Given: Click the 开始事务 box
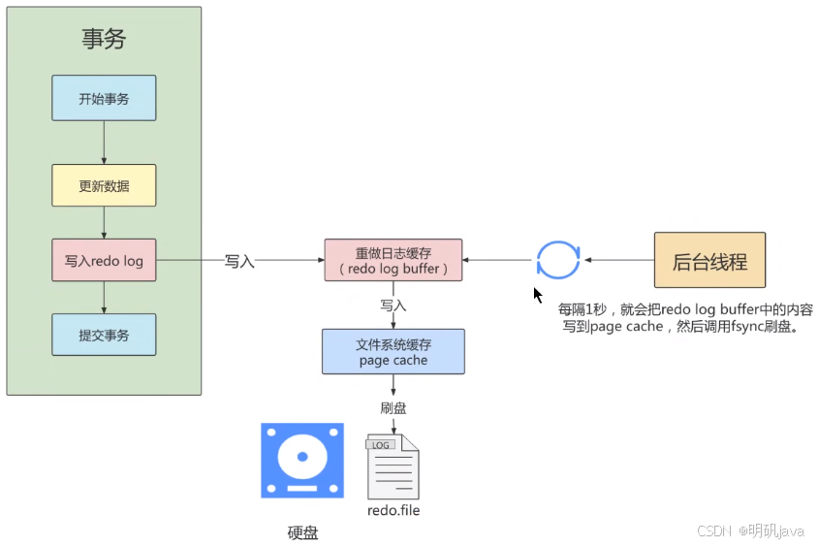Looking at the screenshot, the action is pyautogui.click(x=104, y=98).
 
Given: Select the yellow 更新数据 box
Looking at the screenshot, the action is pyautogui.click(x=104, y=185).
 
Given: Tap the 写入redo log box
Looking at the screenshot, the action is pyautogui.click(x=104, y=260).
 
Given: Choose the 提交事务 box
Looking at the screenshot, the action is pyautogui.click(x=104, y=335).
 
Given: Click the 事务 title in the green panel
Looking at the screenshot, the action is pyautogui.click(x=104, y=39).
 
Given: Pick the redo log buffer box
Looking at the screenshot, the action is pyautogui.click(x=393, y=260).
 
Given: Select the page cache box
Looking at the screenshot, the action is pyautogui.click(x=393, y=351).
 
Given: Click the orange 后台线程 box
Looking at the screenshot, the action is pyautogui.click(x=710, y=260).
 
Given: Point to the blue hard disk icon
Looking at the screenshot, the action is pyautogui.click(x=302, y=461).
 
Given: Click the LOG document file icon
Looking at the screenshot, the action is pyautogui.click(x=393, y=466).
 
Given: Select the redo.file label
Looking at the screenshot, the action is pyautogui.click(x=393, y=510).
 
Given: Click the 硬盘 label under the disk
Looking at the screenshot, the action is pyautogui.click(x=302, y=532).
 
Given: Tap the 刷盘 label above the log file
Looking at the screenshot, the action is pyautogui.click(x=393, y=407).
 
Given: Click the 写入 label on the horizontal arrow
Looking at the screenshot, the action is pyautogui.click(x=239, y=261).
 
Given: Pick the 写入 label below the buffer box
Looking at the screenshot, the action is pyautogui.click(x=393, y=305).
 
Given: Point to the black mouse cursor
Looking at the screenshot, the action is pyautogui.click(x=537, y=295).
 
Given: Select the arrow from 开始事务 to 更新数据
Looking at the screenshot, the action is pyautogui.click(x=104, y=143).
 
